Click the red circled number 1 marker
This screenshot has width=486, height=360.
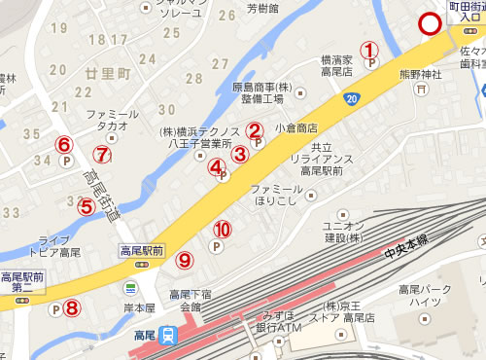point(368,49)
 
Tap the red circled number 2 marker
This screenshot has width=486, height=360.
point(254,129)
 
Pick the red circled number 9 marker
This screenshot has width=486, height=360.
point(185,260)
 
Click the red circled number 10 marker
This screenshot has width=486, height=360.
point(223,230)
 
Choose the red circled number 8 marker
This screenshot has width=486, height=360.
point(72,308)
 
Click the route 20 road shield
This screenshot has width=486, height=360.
point(350,98)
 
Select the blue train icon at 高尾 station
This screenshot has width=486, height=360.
point(169,337)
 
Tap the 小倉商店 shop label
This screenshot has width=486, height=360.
point(296,127)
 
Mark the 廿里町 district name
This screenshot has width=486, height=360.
point(107,74)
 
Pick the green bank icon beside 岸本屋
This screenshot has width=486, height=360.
point(130,288)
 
